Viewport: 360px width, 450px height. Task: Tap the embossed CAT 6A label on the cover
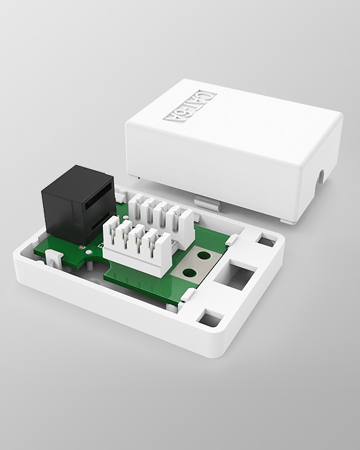coord(191,107)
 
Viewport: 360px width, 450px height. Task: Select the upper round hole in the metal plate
coord(204,255)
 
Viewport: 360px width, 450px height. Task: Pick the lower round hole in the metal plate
coord(190,273)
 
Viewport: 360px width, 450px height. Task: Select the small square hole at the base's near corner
coord(211,318)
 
